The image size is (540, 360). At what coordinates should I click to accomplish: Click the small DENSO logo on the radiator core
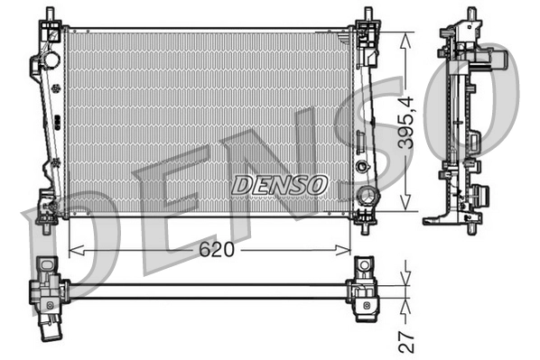tap(279, 185)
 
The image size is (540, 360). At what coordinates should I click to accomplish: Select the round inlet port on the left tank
tap(51, 61)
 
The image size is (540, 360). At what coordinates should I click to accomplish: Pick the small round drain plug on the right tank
tap(362, 167)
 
